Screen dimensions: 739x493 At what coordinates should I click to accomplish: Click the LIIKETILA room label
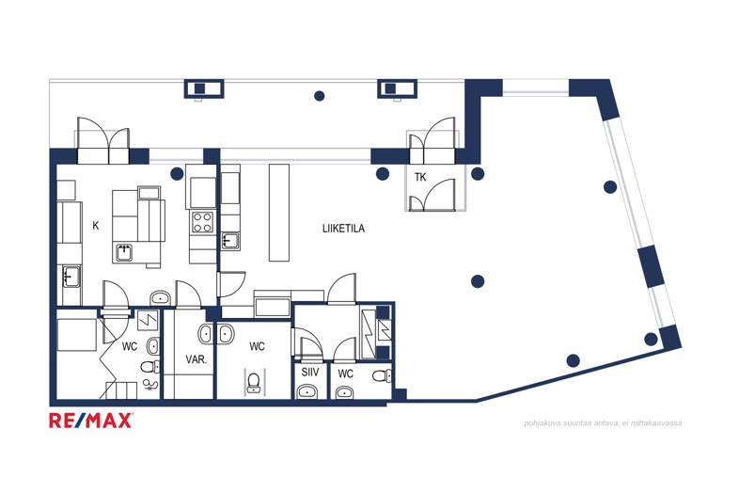coord(343,229)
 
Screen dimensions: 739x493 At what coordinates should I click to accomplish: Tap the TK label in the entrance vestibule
coord(420,178)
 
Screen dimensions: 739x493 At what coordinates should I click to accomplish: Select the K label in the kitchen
coord(96,226)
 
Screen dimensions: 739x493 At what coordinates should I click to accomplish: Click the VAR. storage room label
coord(197,359)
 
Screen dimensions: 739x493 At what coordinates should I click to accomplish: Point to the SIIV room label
coord(310,373)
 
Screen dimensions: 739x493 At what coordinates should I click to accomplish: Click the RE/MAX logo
coord(91,420)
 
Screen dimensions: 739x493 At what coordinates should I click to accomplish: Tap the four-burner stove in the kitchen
coord(202,222)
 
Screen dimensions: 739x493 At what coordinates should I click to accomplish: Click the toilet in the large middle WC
coord(254,383)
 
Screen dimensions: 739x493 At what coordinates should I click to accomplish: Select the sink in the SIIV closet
coord(308,391)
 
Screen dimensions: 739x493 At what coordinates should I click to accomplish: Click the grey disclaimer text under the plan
coord(603,423)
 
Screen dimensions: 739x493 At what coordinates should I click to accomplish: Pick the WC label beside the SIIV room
coord(345,374)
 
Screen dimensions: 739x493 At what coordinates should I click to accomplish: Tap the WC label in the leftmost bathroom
coord(130,347)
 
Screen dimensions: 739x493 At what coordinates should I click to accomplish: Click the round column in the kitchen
coord(177,174)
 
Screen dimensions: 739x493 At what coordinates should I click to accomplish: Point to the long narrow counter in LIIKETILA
coord(279,213)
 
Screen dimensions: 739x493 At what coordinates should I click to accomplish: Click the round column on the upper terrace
coord(319,96)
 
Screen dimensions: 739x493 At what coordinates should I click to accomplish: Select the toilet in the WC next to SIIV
coord(382,376)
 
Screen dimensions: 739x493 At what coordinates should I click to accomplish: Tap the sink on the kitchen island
coord(124,253)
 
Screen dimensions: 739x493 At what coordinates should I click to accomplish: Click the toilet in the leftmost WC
coord(150,367)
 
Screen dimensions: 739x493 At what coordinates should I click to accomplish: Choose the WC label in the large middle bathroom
coord(257,347)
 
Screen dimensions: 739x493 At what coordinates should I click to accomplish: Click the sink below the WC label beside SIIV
coord(344,392)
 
